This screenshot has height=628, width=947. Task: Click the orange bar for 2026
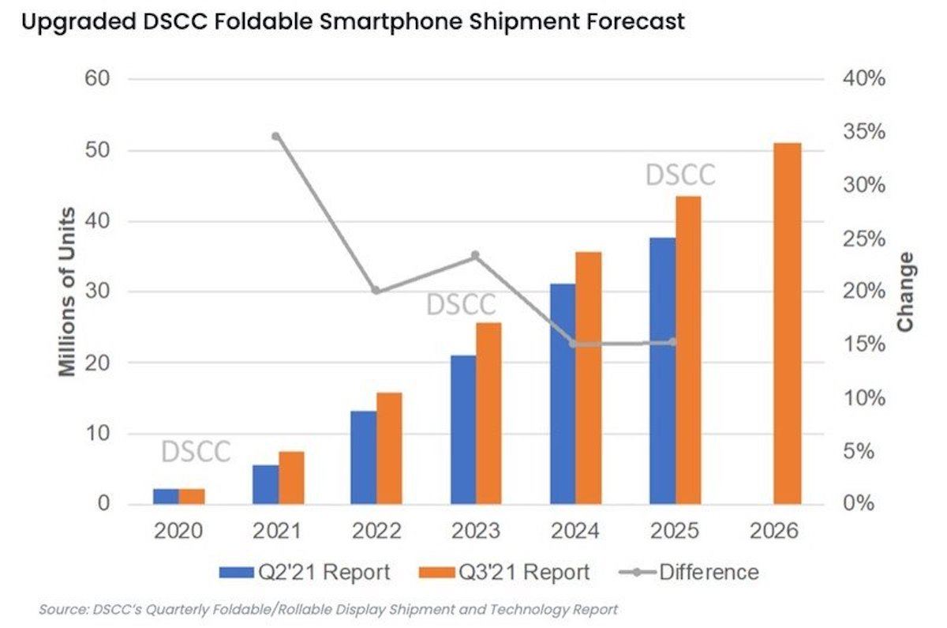pyautogui.click(x=787, y=324)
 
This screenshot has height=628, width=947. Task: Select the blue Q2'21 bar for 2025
pyautogui.click(x=663, y=370)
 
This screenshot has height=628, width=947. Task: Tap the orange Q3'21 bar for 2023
pyautogui.click(x=488, y=413)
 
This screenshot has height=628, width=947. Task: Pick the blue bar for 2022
pyautogui.click(x=364, y=457)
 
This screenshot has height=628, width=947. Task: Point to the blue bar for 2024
pyautogui.click(x=563, y=393)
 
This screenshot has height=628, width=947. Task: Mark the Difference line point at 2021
pyautogui.click(x=276, y=136)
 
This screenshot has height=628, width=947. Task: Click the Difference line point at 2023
pyautogui.click(x=476, y=255)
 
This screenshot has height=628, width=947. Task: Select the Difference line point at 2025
pyautogui.click(x=673, y=342)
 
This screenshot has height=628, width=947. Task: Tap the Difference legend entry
pyautogui.click(x=694, y=572)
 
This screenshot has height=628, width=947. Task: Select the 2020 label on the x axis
pyautogui.click(x=178, y=530)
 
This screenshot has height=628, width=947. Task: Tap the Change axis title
pyautogui.click(x=905, y=291)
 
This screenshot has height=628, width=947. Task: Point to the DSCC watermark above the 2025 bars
pyautogui.click(x=680, y=175)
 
